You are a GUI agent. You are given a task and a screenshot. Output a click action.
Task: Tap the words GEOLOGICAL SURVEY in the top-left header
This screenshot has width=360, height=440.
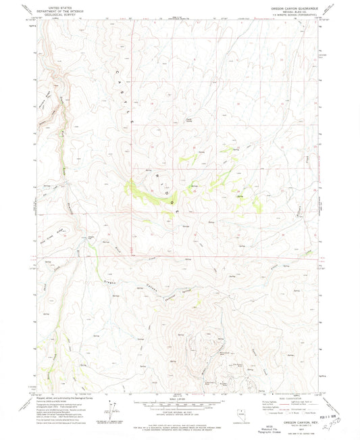58,13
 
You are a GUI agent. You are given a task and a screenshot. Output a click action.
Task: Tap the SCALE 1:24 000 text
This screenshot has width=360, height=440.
179,399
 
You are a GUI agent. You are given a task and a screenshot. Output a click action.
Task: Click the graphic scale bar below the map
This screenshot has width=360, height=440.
179,405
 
